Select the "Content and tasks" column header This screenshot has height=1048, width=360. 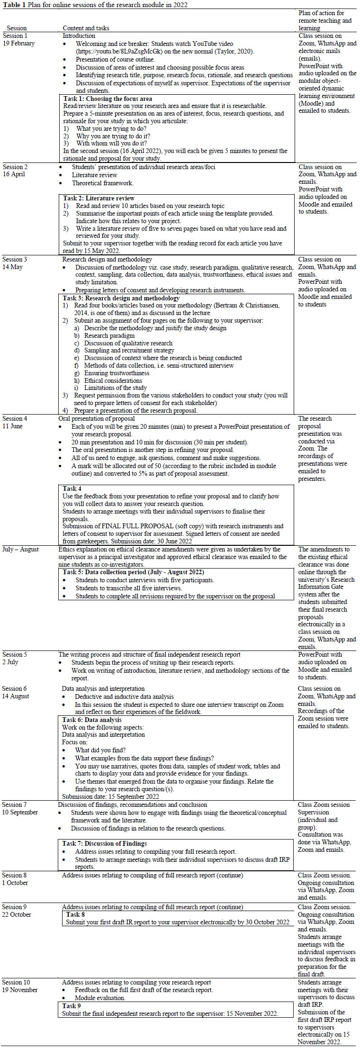(86, 28)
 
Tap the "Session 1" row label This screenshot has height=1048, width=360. (16, 36)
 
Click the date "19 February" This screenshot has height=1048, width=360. (18, 43)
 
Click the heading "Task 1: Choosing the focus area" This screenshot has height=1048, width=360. (108, 99)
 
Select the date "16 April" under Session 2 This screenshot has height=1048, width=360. (14, 174)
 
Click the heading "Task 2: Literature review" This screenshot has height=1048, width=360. (99, 198)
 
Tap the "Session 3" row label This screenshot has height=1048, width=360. (15, 259)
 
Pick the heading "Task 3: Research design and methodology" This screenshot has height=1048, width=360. (121, 298)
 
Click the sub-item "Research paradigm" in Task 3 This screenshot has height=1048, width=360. (109, 335)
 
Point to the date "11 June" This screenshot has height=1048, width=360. (12, 426)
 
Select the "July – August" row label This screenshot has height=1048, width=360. (21, 549)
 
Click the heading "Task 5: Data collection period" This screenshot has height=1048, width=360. (133, 572)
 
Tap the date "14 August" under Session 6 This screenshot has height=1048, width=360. (16, 696)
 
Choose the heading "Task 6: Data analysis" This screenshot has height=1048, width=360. (92, 720)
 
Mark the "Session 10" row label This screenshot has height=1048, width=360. (16, 982)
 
